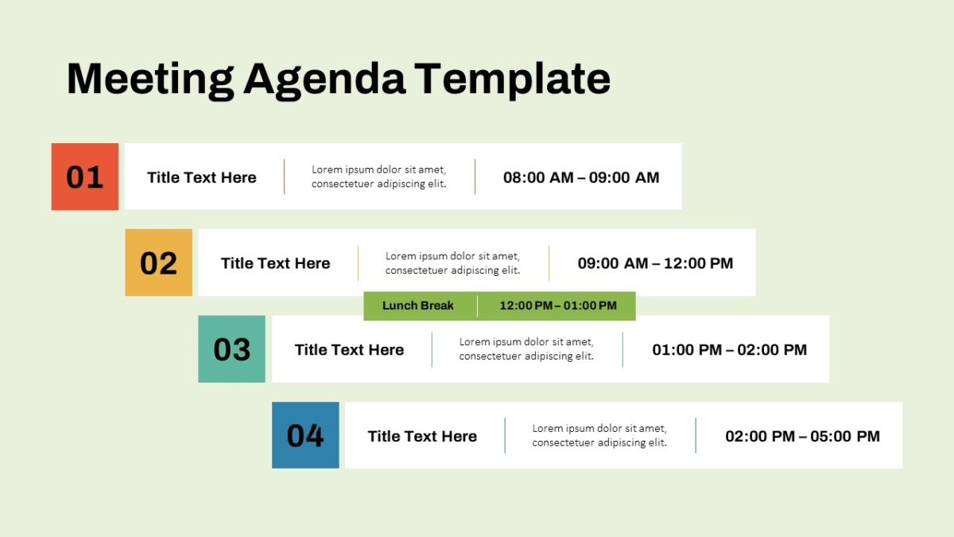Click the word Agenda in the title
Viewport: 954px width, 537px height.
[x=324, y=80]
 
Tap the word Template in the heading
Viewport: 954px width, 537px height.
[x=512, y=80]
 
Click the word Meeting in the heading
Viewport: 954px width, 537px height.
[x=150, y=80]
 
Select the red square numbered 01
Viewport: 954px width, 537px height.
[x=85, y=177]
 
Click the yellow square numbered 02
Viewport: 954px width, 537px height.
[x=158, y=263]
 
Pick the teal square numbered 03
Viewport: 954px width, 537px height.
[x=231, y=349]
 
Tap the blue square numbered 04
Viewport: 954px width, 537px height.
[x=305, y=435]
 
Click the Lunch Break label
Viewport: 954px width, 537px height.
[x=418, y=305]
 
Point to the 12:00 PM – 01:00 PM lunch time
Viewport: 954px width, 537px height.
[x=558, y=305]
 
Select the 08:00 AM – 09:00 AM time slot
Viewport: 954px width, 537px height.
[x=581, y=177]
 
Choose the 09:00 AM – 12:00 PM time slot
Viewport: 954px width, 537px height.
[x=655, y=263]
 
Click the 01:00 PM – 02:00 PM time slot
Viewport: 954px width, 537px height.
[x=729, y=350]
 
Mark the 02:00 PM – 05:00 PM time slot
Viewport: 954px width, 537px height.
[x=802, y=437]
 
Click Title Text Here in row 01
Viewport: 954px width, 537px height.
[x=202, y=177]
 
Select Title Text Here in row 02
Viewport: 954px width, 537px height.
[x=276, y=263]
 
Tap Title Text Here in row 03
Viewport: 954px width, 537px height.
[x=349, y=350]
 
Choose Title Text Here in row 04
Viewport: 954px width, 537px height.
[x=422, y=437]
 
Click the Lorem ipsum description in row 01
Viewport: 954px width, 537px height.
[x=379, y=177]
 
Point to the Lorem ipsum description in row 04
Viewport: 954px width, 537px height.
[x=599, y=435]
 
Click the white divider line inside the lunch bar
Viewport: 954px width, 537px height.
[x=478, y=305]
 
